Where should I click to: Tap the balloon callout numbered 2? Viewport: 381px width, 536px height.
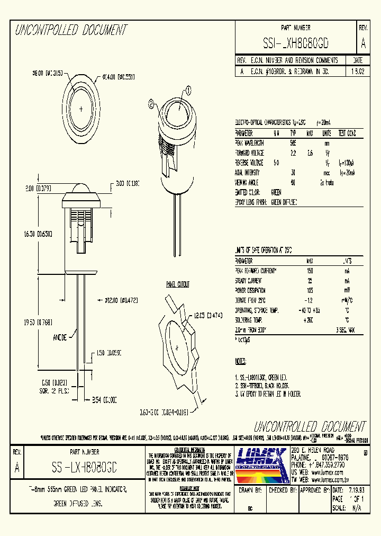[x=152, y=105]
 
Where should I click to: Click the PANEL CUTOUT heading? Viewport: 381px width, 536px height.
[x=178, y=284]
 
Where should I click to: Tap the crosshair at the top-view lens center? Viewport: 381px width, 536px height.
[x=81, y=109]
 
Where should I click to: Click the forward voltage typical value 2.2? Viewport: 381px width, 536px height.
[x=293, y=153]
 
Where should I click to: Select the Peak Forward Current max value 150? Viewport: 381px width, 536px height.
[x=310, y=271]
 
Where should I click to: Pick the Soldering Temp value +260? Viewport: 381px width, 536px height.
[x=310, y=320]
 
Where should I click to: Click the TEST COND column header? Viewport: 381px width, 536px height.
[x=347, y=133]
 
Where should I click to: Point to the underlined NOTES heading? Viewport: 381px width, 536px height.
[x=240, y=362]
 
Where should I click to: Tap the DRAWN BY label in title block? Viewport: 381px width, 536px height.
[x=251, y=490]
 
